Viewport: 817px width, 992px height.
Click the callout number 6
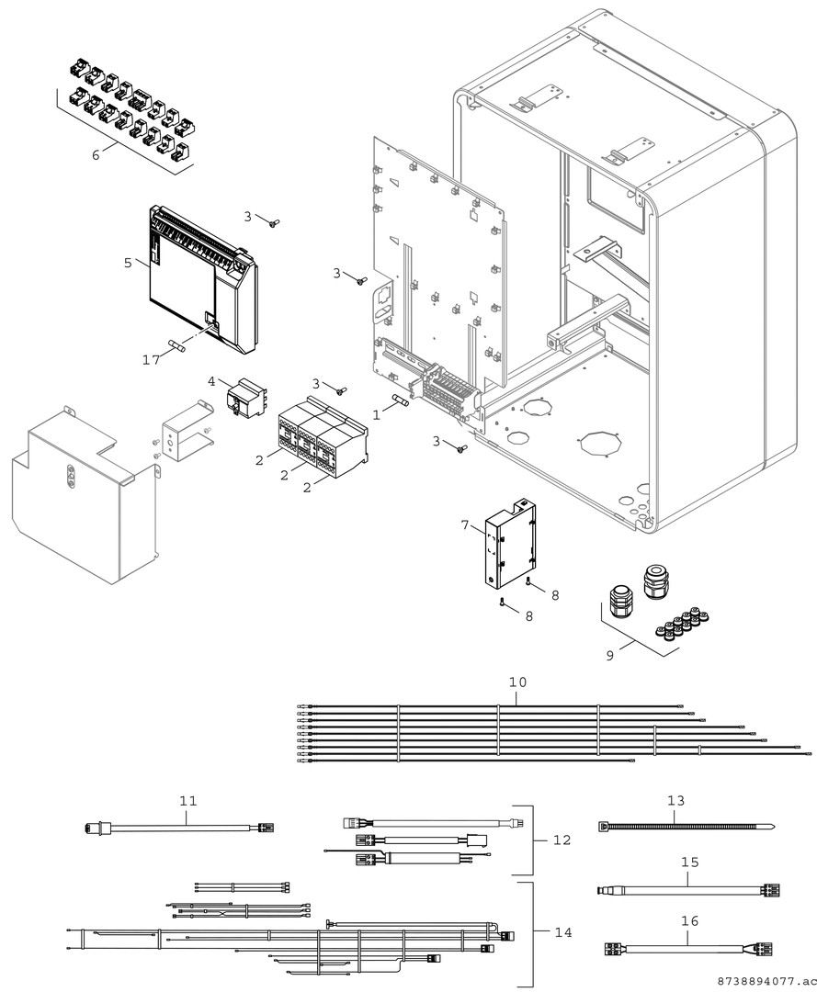(x=96, y=154)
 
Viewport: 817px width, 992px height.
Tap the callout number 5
(x=128, y=262)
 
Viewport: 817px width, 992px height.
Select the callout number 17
(x=151, y=359)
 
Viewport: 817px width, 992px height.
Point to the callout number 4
(x=211, y=380)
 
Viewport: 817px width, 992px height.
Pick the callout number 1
(x=376, y=414)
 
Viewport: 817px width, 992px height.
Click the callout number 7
(x=465, y=524)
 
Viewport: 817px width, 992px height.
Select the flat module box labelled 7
(x=510, y=547)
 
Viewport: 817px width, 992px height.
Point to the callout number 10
(x=517, y=683)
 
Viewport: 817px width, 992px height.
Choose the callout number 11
(x=188, y=801)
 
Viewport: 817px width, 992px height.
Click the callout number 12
(x=562, y=840)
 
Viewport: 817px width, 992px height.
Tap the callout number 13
(x=676, y=801)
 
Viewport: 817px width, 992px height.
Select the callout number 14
(x=562, y=932)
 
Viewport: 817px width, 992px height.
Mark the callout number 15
(x=690, y=862)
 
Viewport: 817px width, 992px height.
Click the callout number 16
(x=690, y=920)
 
